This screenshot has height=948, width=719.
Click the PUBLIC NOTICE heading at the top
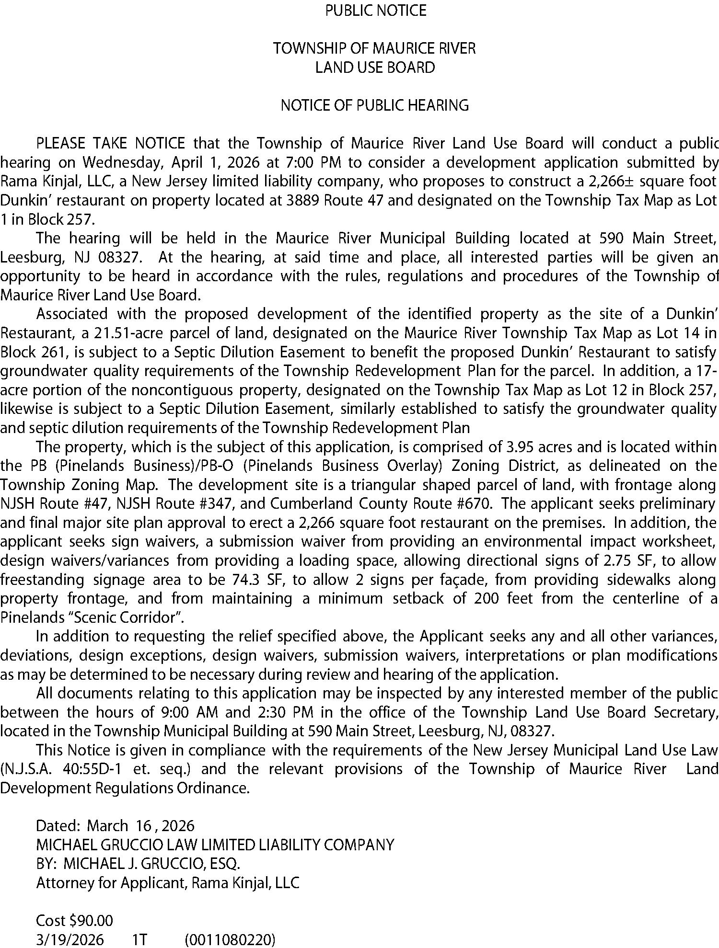pyautogui.click(x=376, y=11)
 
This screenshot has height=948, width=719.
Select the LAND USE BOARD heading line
pyautogui.click(x=375, y=68)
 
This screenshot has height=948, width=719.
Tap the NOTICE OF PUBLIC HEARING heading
pyautogui.click(x=374, y=105)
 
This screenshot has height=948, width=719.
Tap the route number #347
pyautogui.click(x=241, y=504)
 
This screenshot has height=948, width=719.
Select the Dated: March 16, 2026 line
pyautogui.click(x=116, y=826)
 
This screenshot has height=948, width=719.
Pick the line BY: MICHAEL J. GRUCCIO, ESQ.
pyautogui.click(x=138, y=864)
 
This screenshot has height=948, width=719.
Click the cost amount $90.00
pyautogui.click(x=91, y=921)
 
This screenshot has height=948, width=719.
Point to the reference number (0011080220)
pyautogui.click(x=230, y=939)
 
